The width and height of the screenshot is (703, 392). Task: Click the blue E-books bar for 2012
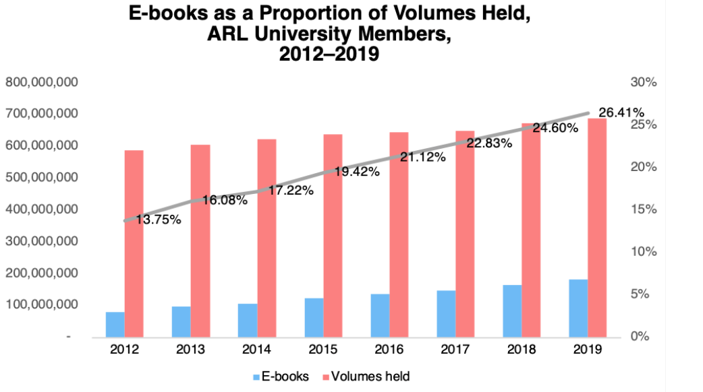115,324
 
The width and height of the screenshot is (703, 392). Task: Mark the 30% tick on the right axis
643,82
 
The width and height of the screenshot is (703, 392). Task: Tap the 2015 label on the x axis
322,350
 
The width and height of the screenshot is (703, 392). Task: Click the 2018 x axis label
521,350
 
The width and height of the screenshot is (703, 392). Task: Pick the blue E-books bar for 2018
512,311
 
